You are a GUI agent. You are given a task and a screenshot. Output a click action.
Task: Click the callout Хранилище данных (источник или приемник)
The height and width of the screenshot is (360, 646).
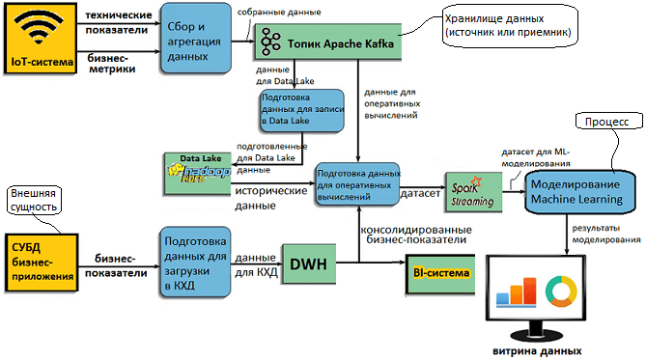tap(508, 26)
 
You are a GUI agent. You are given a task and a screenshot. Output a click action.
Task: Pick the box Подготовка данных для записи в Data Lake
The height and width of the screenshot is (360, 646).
tap(300, 111)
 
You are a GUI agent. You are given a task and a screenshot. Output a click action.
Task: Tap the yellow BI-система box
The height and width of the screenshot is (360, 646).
tap(441, 274)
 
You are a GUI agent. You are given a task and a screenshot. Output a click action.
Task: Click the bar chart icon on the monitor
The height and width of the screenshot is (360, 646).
tap(516, 291)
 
